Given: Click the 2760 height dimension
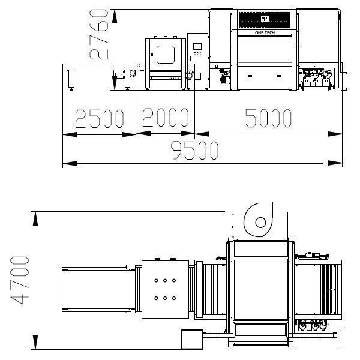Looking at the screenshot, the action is pos(98,34).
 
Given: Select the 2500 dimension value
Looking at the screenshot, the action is pos(100,118).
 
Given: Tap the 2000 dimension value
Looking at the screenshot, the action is pos(166,118).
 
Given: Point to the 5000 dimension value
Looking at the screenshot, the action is pos(268,118).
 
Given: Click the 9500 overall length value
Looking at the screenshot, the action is pos(194,150).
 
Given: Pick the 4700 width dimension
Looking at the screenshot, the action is pos(20,280).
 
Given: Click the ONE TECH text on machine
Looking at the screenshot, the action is pos(265,33).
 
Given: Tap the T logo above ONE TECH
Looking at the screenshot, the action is pos(265,19).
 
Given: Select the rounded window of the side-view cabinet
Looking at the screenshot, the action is pos(166,55).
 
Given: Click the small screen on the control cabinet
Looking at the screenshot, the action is pos(197,46).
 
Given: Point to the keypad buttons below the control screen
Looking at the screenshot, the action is pos(197,53).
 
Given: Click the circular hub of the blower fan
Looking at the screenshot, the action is pos(260,223).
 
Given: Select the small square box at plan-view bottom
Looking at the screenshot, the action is pos(192,340).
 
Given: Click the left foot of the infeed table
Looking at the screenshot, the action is pos(71,80).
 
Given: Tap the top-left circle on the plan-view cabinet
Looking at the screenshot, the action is pos(156,280).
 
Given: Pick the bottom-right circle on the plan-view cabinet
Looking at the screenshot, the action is pos(174,298).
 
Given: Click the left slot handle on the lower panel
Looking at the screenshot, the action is pos(250,76).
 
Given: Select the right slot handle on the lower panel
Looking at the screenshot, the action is pos(279,76).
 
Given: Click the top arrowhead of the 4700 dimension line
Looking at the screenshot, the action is pos(35,218).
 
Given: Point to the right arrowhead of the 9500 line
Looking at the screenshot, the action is pos(335,163).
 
